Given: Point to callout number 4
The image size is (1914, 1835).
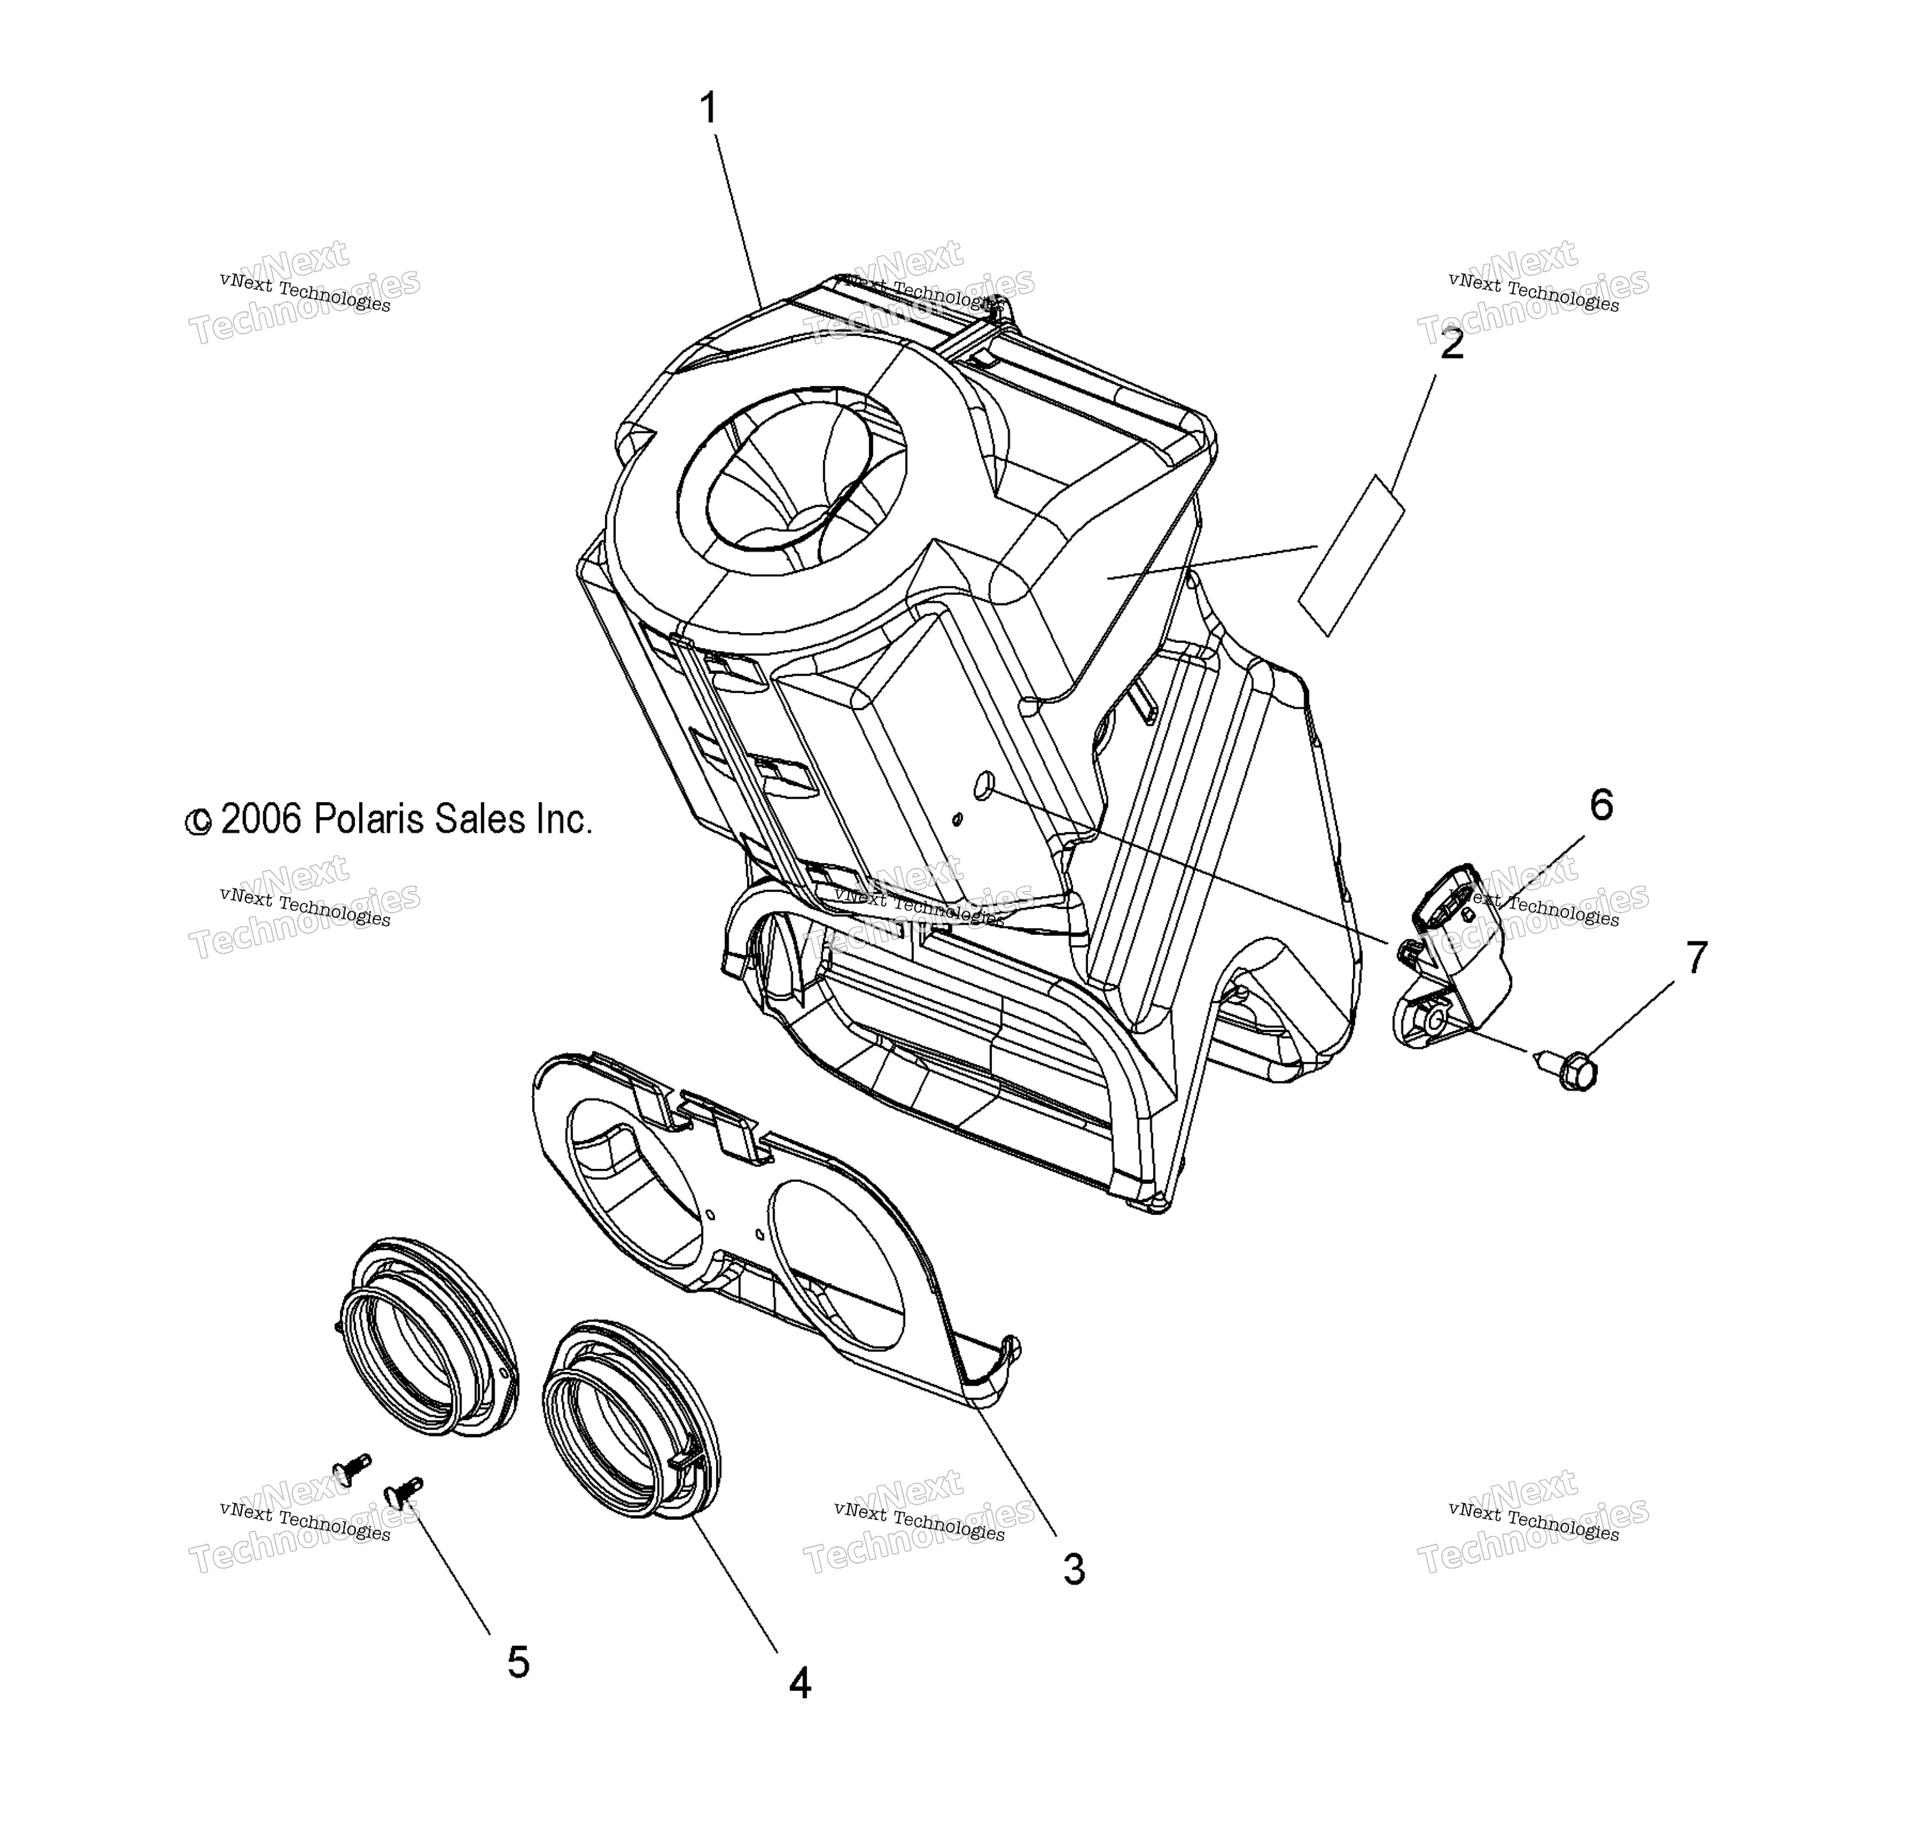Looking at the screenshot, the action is point(800,1683).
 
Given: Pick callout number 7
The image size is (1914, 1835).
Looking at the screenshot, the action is point(1696,958).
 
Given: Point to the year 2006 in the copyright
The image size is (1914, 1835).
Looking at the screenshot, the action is point(261,819).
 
